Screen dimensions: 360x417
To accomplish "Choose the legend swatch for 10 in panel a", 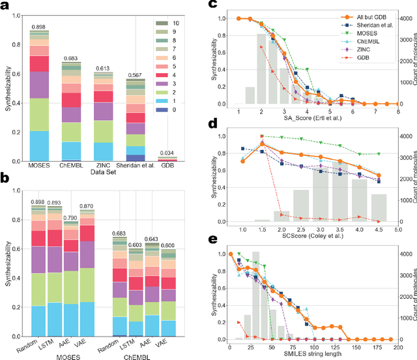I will point(160,23).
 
